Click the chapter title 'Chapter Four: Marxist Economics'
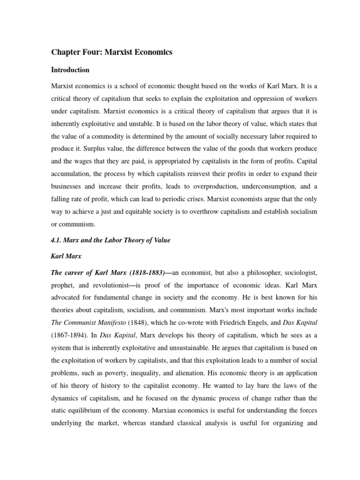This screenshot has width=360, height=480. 112,52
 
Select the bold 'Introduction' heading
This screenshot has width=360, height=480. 70,70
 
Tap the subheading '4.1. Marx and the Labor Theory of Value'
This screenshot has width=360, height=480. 110,240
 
